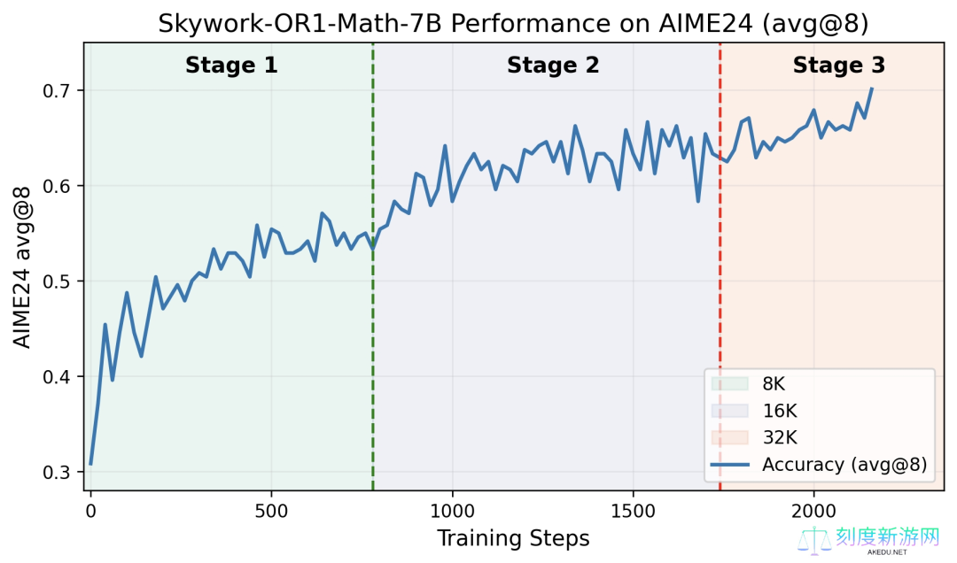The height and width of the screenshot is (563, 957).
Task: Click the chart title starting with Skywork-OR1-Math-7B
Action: click(x=513, y=24)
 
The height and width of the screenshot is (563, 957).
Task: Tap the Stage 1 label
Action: click(x=231, y=66)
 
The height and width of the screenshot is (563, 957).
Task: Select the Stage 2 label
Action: click(x=553, y=66)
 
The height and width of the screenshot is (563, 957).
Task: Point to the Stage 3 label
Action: click(x=838, y=66)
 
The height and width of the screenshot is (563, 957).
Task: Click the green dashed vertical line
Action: click(x=373, y=266)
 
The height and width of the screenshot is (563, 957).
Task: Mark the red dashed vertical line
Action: click(x=720, y=266)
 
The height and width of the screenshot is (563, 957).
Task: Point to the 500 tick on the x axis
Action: click(x=271, y=511)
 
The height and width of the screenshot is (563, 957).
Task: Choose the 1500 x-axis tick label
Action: click(x=633, y=511)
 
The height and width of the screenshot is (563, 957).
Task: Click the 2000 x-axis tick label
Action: click(x=813, y=511)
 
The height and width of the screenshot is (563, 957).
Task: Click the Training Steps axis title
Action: click(x=513, y=538)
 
